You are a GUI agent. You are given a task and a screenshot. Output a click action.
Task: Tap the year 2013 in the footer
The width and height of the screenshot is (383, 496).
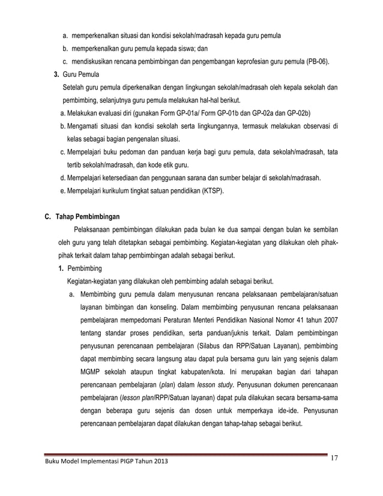click(158, 461)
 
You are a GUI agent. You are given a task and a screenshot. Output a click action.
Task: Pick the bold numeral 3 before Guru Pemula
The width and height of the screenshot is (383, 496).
click(56, 74)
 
